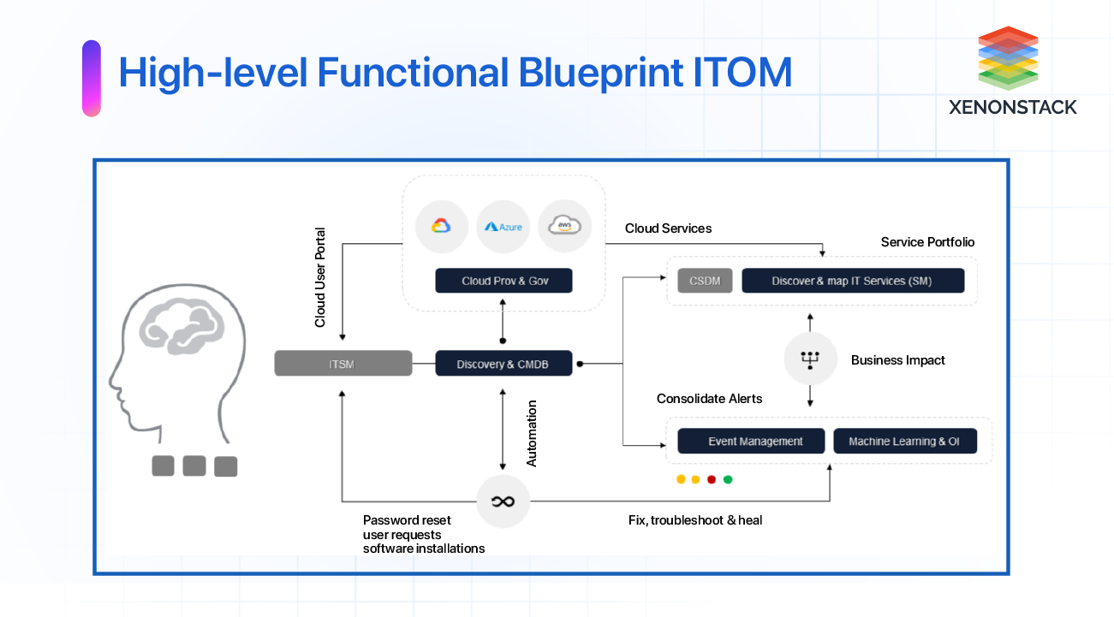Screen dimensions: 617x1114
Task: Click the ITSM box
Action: (343, 364)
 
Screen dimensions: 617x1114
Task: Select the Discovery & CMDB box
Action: (503, 364)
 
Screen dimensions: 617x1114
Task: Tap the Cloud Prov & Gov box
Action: (503, 281)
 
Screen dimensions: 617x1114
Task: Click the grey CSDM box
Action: (705, 281)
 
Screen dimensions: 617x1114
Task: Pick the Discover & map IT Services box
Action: (852, 281)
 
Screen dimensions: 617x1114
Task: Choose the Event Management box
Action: (751, 442)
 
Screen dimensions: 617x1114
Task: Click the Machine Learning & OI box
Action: (904, 442)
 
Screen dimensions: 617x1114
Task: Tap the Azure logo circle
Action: (503, 227)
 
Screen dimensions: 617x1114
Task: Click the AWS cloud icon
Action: (565, 226)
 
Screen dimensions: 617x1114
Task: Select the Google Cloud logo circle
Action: (441, 226)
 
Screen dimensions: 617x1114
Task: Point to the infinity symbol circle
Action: (503, 501)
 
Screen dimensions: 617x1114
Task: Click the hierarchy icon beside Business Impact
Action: (810, 359)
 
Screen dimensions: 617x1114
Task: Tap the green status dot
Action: (728, 479)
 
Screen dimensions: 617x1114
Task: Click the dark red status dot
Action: (712, 479)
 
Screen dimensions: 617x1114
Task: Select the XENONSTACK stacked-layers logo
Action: (1008, 57)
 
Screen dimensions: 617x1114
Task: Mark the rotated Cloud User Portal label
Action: (320, 276)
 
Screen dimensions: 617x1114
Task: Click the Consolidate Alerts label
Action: (709, 399)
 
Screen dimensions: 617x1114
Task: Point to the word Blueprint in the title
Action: (599, 73)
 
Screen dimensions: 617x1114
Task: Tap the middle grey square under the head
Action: (194, 466)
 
